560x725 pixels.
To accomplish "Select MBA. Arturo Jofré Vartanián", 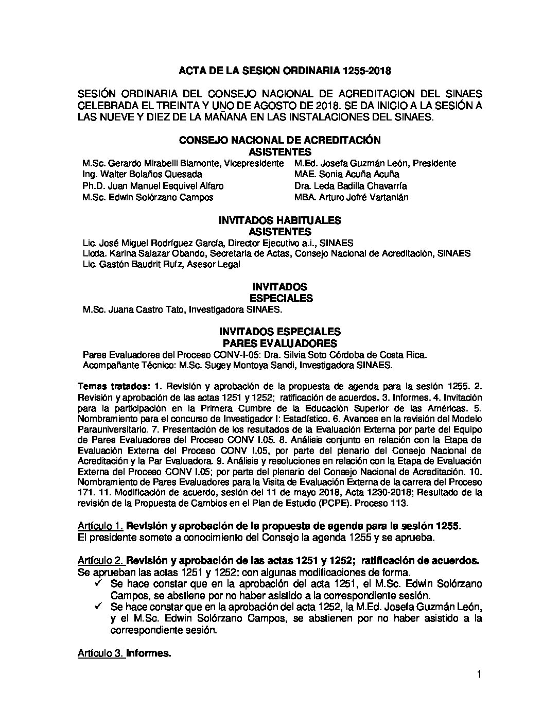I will coord(352,197).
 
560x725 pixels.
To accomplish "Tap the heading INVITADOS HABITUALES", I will coord(280,220).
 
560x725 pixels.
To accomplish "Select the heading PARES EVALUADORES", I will coord(280,343).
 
